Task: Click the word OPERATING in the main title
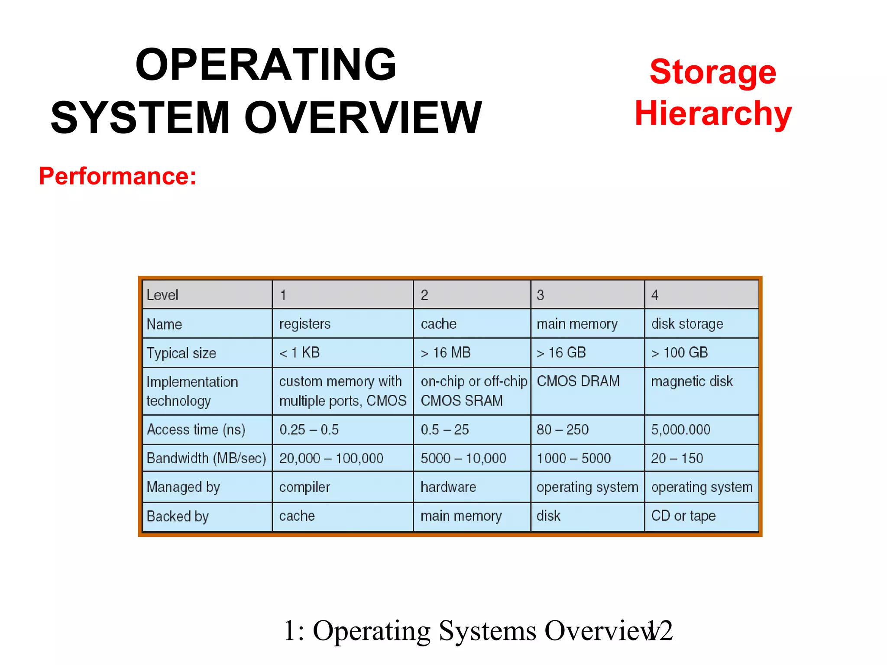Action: click(265, 65)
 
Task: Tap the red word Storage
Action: click(713, 72)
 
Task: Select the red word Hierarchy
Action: click(713, 113)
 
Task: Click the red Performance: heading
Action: click(117, 176)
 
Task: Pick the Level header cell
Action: click(162, 295)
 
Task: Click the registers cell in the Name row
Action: click(304, 324)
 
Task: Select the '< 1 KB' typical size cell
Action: click(299, 352)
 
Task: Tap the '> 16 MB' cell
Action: click(445, 352)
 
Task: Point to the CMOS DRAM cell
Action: click(578, 381)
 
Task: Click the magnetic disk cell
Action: click(692, 381)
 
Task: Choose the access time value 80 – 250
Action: click(562, 429)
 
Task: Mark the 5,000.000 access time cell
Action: click(680, 429)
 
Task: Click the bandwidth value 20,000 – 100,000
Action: click(331, 458)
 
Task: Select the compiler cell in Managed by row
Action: click(304, 487)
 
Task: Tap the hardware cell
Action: click(448, 487)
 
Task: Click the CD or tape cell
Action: click(683, 516)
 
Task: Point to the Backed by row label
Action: click(178, 516)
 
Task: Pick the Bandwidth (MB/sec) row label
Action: click(206, 458)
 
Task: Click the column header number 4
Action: click(655, 295)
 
